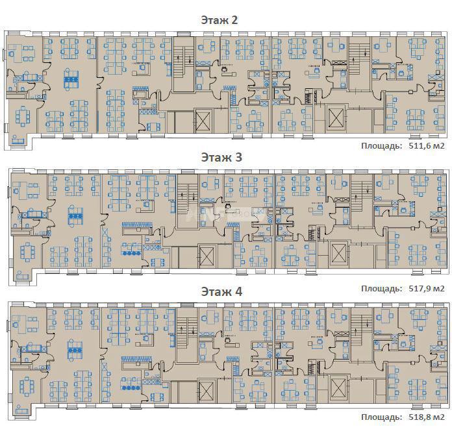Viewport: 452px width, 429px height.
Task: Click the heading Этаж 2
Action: pos(220,20)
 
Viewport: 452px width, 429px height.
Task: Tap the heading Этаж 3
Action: pos(221,157)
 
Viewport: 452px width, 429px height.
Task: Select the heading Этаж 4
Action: pos(221,291)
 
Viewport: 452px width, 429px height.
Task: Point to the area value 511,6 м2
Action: pos(427,146)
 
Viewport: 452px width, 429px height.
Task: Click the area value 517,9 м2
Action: pos(427,288)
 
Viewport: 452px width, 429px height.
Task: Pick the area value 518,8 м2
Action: pos(427,417)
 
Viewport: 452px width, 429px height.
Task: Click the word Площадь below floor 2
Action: pos(381,146)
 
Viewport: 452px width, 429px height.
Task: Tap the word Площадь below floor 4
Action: pos(381,417)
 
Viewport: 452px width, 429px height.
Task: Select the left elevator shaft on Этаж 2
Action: pos(203,121)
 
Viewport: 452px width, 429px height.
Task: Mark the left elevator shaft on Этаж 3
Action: pos(207,256)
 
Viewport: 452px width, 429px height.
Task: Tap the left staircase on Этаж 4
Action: pos(187,335)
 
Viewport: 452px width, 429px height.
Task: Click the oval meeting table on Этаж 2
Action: pos(23,116)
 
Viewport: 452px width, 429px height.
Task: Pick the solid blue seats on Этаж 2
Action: pos(71,79)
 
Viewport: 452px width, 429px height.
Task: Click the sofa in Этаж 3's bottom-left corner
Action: pos(23,276)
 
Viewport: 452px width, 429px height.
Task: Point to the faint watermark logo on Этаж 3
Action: pos(226,215)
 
